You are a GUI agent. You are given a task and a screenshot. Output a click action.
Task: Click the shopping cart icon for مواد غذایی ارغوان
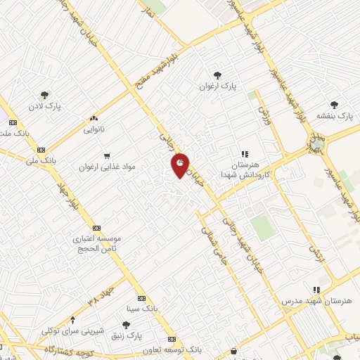coord(107,156)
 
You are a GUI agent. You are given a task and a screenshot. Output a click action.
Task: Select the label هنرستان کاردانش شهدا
coord(244,169)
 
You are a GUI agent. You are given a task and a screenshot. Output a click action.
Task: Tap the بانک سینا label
coord(157,309)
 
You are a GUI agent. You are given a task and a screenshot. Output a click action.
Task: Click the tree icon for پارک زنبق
coord(126,324)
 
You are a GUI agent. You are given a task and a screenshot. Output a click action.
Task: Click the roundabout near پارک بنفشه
coord(316,146)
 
